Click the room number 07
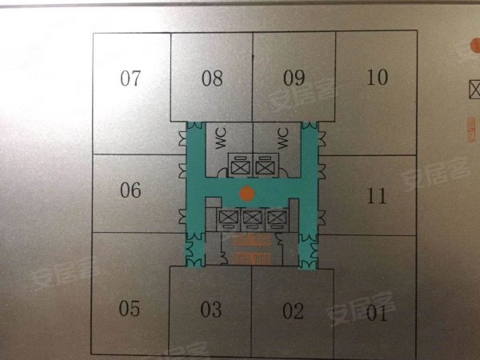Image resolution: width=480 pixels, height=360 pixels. point(130,78)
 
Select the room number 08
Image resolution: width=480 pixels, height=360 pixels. point(212,78)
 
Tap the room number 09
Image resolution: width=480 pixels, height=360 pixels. point(294,78)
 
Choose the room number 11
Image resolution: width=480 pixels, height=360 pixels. point(376,194)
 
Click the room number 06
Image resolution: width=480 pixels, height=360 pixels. point(130,190)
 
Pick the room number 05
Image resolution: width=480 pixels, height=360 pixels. point(130,309)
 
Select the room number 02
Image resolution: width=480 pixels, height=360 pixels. point(294,310)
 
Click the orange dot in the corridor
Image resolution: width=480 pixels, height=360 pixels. point(248,193)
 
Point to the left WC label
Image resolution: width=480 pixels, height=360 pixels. point(221,138)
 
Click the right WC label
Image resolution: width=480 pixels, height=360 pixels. point(282,138)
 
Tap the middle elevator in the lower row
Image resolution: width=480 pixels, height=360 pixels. point(253,218)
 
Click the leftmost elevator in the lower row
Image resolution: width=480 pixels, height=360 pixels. point(228,218)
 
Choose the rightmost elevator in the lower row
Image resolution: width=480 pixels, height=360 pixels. point(277,218)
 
